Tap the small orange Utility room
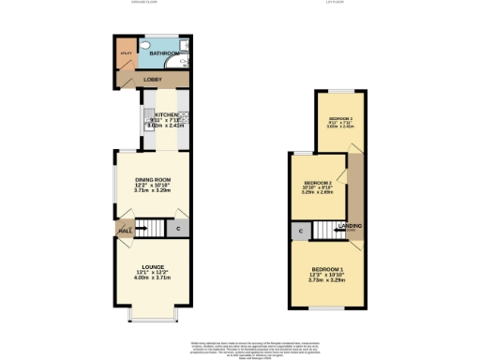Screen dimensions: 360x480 click(x=126, y=54)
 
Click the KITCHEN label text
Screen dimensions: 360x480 click(x=153, y=114)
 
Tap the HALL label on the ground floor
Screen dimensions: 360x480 click(x=124, y=230)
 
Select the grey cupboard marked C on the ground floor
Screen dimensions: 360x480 click(x=178, y=228)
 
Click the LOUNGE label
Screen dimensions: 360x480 click(x=152, y=267)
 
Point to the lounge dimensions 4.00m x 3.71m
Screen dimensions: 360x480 click(x=152, y=278)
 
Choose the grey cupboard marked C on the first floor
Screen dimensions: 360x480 click(x=300, y=230)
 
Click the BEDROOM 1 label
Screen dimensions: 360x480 click(x=327, y=270)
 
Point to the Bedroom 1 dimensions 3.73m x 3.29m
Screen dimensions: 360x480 click(x=327, y=280)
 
